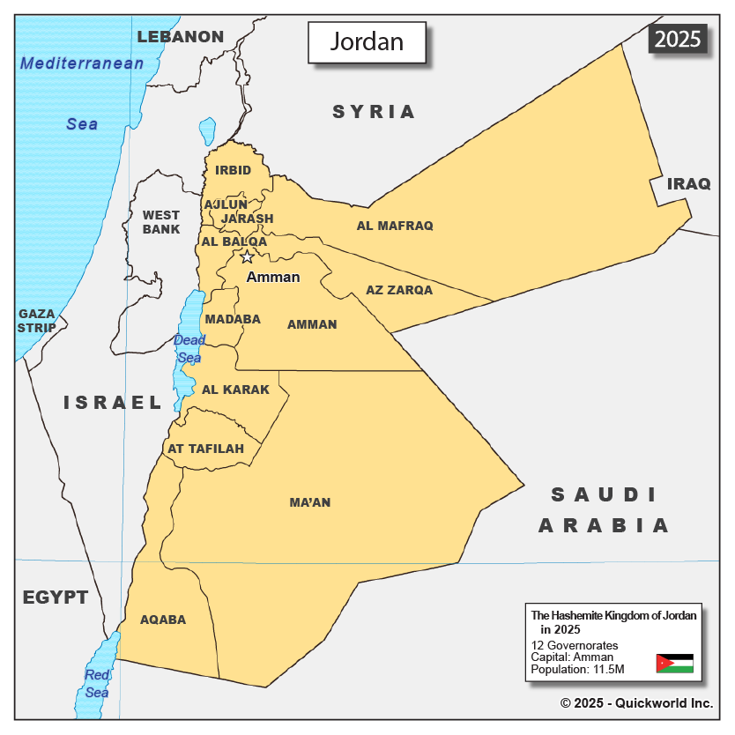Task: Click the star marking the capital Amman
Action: [x=247, y=256]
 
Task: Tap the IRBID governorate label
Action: [x=234, y=170]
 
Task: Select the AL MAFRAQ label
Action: [x=395, y=226]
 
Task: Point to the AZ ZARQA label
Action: [x=399, y=289]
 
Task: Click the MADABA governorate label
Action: [x=233, y=319]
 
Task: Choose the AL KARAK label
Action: [x=235, y=390]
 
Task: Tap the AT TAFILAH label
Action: [x=205, y=449]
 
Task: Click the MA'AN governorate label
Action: [x=310, y=502]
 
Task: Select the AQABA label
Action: [x=163, y=620]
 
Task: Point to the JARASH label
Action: [x=248, y=219]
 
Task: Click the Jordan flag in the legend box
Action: [x=674, y=663]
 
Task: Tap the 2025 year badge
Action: [x=678, y=39]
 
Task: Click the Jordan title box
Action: [x=367, y=42]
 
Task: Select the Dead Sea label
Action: [x=189, y=349]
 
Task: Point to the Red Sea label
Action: [x=97, y=684]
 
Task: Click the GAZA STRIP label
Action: [x=37, y=321]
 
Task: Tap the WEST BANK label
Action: [x=161, y=222]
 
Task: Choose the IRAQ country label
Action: [x=688, y=183]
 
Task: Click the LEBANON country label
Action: [x=181, y=36]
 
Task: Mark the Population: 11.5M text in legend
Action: [x=577, y=670]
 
